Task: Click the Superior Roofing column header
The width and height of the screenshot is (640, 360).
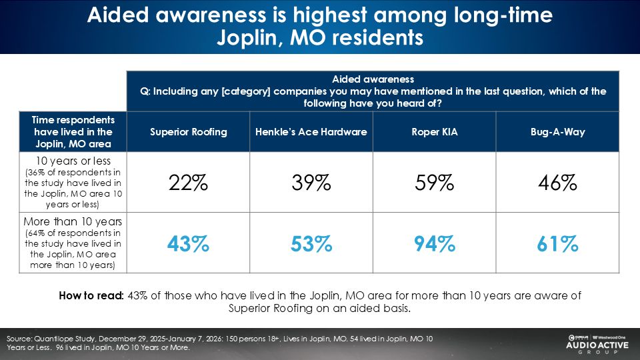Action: pyautogui.click(x=188, y=132)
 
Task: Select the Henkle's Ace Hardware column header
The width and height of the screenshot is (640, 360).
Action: pyautogui.click(x=311, y=132)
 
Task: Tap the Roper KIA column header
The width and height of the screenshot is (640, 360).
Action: pyautogui.click(x=435, y=132)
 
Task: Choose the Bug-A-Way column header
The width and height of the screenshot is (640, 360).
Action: pyautogui.click(x=558, y=132)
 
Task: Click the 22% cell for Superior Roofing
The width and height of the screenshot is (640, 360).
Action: pyautogui.click(x=188, y=183)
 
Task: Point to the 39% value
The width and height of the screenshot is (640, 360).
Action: pyautogui.click(x=311, y=183)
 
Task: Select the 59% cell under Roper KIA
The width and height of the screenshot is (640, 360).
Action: pyautogui.click(x=435, y=183)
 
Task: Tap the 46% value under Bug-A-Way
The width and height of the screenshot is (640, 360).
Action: pyautogui.click(x=558, y=183)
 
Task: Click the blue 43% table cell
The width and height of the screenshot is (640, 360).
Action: pyautogui.click(x=188, y=244)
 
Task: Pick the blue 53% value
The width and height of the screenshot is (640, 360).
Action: pyautogui.click(x=311, y=244)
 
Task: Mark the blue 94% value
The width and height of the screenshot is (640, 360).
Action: pyautogui.click(x=435, y=244)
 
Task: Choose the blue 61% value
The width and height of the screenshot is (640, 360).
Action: pyautogui.click(x=558, y=244)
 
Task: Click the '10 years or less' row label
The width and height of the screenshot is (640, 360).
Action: pyautogui.click(x=73, y=161)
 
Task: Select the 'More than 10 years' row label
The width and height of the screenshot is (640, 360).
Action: pyautogui.click(x=73, y=222)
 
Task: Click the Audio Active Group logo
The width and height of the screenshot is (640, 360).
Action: pyautogui.click(x=586, y=344)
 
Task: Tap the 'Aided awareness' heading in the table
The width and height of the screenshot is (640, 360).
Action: pyautogui.click(x=373, y=79)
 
